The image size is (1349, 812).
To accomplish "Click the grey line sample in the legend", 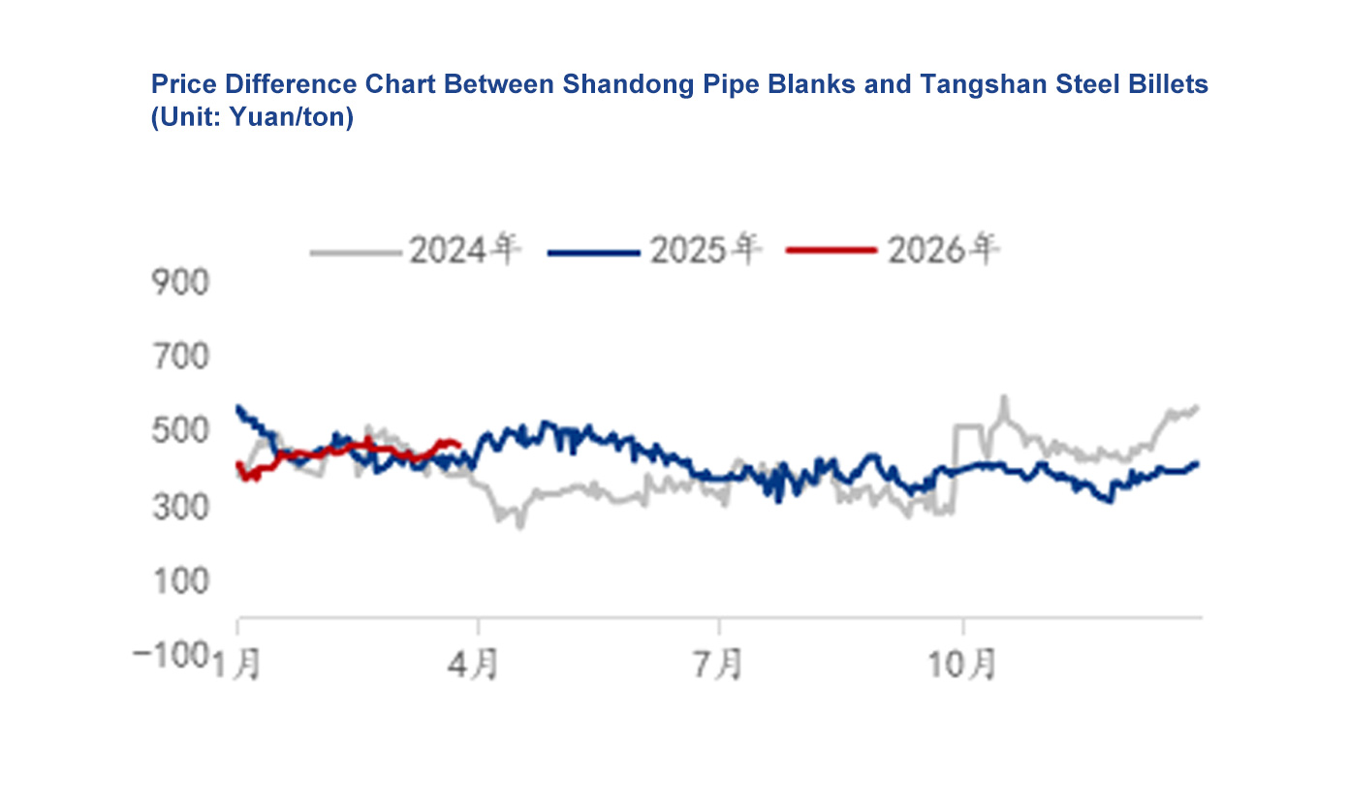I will [x=355, y=253].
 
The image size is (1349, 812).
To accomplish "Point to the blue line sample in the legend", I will [x=594, y=253].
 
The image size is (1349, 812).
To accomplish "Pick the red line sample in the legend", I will [x=831, y=252].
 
